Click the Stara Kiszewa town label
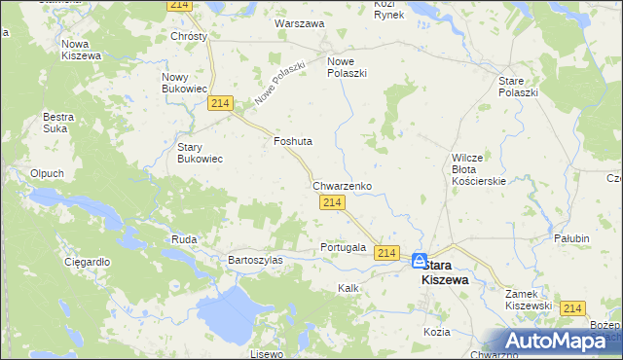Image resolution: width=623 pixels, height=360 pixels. coord(444,272)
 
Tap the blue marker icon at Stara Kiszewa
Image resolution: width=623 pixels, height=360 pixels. coord(420,261)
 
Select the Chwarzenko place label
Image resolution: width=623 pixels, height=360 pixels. coord(342,184)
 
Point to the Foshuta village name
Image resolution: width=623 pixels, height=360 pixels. coord(293,141)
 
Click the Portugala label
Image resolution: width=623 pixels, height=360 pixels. coord(343,247)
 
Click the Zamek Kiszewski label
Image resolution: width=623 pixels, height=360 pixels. coord(530,299)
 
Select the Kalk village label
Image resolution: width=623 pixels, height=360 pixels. coord(348,288)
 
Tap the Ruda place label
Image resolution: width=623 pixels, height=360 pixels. coord(184,238)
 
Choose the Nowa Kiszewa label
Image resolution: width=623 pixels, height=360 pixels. coord(82,50)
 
